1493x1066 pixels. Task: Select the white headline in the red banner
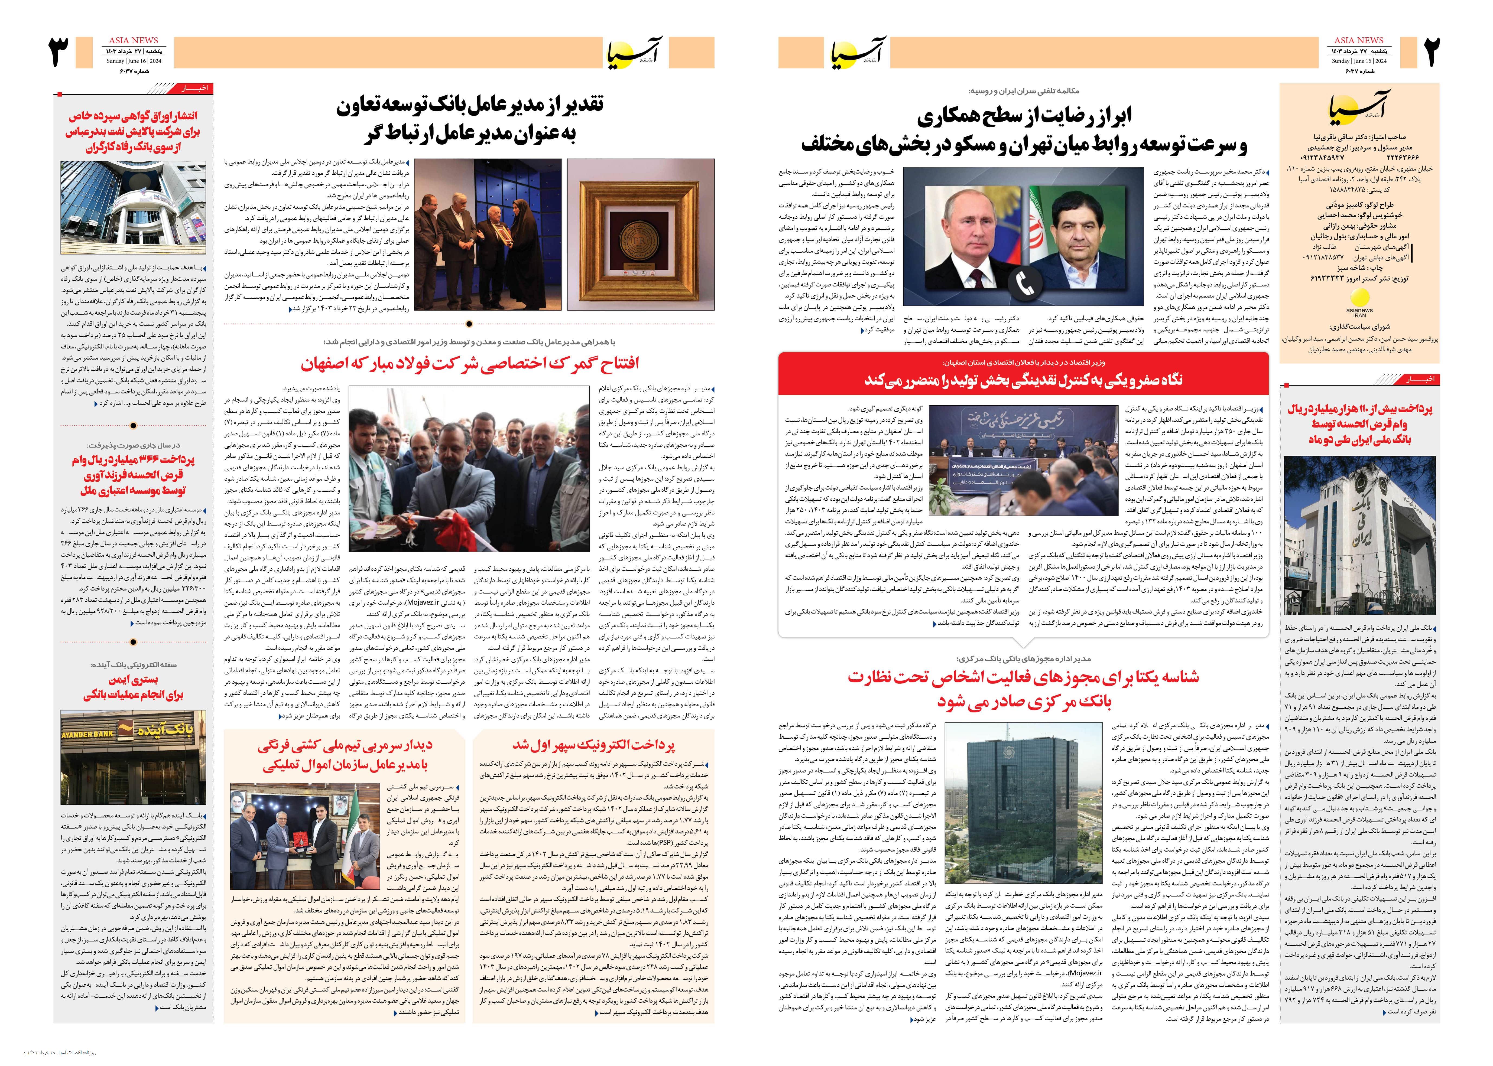click(x=1024, y=379)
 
